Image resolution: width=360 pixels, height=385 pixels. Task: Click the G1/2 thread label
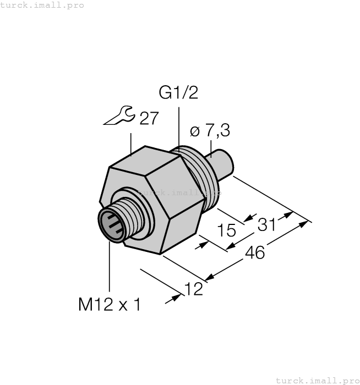[178, 93]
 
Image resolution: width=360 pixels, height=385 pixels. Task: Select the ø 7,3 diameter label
[210, 131]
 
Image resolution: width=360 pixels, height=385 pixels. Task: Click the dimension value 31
[267, 224]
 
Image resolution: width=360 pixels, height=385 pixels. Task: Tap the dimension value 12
[193, 288]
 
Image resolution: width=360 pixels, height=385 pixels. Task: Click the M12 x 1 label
[109, 305]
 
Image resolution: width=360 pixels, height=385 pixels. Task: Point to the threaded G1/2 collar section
[201, 176]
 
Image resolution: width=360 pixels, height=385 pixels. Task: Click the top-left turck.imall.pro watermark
[42, 5]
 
